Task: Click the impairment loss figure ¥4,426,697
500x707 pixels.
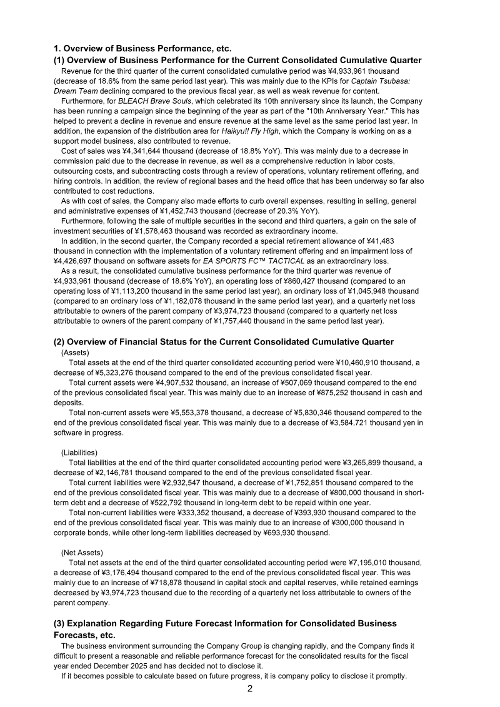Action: tap(78, 261)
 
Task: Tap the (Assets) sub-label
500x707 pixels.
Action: tap(75, 353)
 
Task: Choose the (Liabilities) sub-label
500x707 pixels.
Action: tap(79, 453)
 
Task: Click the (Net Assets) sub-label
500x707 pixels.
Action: tap(82, 553)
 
